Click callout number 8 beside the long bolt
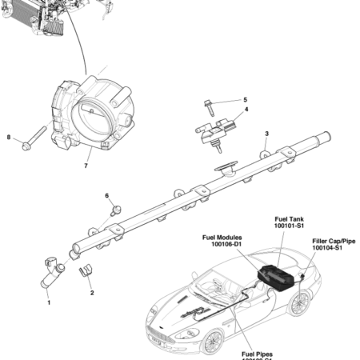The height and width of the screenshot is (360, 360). click(x=9, y=138)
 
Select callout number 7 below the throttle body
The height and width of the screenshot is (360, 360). click(x=86, y=167)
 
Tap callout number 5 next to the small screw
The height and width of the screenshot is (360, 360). click(x=245, y=100)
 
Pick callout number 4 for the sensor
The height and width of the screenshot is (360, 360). click(x=246, y=109)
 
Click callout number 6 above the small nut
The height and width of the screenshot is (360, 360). click(x=106, y=195)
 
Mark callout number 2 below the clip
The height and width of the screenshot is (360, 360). click(x=91, y=293)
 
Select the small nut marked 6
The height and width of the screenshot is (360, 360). click(x=116, y=211)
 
